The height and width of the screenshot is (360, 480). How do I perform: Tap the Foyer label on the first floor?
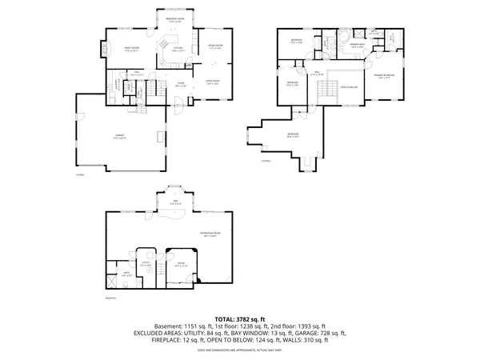click(x=182, y=84)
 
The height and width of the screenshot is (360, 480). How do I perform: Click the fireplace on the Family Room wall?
click(x=102, y=50)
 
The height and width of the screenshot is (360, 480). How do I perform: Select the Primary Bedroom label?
click(x=385, y=75)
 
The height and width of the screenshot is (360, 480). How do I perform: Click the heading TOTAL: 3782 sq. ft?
click(x=239, y=318)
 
